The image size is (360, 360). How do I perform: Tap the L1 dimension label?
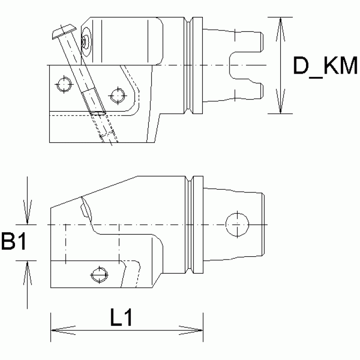pyautogui.click(x=122, y=319)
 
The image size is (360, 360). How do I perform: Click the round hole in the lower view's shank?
pyautogui.click(x=237, y=224)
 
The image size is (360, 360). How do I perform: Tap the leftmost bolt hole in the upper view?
pyautogui.click(x=63, y=85)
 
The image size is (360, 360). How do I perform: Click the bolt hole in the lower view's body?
pyautogui.click(x=99, y=274)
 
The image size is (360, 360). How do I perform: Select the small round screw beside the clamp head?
pyautogui.click(x=86, y=41)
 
